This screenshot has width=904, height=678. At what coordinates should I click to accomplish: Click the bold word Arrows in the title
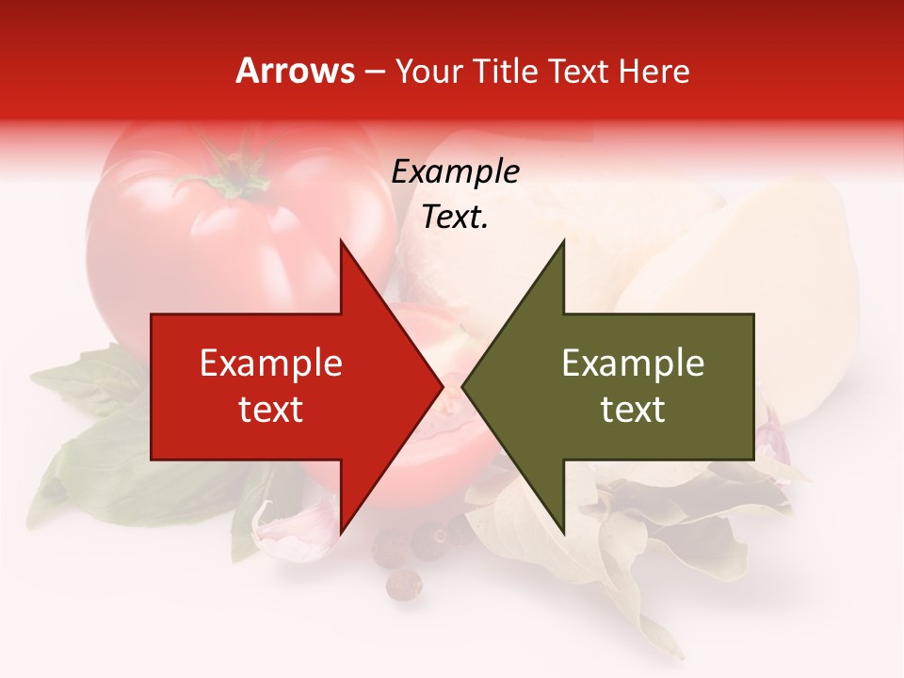pos(296,71)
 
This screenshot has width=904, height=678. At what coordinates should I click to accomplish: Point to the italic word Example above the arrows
pos(455,171)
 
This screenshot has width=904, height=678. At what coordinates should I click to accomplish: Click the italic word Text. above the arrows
pos(455,218)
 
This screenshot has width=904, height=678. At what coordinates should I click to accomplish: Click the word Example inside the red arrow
pos(271,363)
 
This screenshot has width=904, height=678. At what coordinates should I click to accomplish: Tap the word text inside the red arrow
pos(271,410)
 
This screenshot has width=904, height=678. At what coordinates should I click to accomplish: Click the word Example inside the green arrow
pos(633,363)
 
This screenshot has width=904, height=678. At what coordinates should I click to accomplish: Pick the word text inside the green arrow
pos(633,410)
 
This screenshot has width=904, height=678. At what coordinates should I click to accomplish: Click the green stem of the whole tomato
pos(231,174)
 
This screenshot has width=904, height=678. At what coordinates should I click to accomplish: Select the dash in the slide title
pos(374,72)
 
